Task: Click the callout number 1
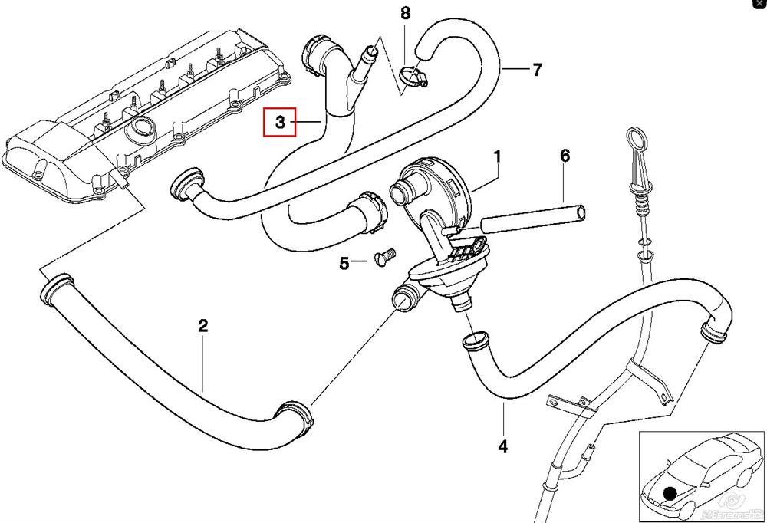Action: [497, 157]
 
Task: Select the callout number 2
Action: [202, 326]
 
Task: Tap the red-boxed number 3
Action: [280, 122]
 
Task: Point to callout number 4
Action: [503, 445]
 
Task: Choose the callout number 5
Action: [344, 264]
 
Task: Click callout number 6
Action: [565, 156]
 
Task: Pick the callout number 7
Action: [537, 70]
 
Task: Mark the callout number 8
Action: [405, 13]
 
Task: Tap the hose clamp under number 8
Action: [412, 75]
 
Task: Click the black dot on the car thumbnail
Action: [671, 495]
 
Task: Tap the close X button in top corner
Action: [759, 5]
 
